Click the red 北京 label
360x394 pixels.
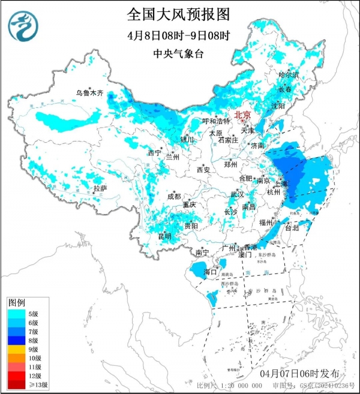click(x=242, y=114)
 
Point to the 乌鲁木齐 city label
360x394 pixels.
click(x=89, y=93)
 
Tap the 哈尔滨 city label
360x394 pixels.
click(x=289, y=75)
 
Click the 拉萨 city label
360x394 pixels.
click(x=100, y=188)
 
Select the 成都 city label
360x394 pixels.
click(x=174, y=196)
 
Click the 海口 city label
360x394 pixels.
click(x=210, y=272)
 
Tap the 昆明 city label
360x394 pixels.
click(x=164, y=236)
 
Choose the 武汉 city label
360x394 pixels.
click(x=238, y=194)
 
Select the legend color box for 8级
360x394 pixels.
click(x=17, y=340)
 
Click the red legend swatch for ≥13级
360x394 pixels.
click(x=17, y=384)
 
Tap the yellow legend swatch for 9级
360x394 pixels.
click(x=17, y=349)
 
